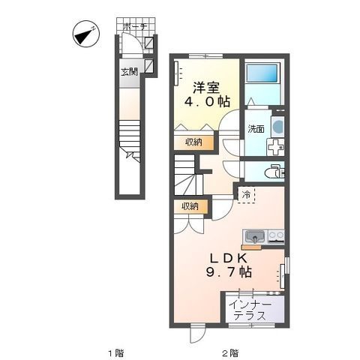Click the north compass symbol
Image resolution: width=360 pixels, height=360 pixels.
click(86, 34)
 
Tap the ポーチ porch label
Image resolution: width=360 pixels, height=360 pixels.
click(135, 26)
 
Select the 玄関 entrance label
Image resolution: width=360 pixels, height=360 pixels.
click(129, 72)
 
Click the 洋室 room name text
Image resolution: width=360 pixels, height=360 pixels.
click(206, 88)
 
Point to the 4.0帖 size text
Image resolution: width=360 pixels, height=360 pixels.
click(207, 101)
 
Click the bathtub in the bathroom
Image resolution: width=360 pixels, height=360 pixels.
click(262, 73)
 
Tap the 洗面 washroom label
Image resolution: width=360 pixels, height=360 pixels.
click(256, 129)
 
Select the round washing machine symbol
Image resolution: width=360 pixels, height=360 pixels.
click(278, 127)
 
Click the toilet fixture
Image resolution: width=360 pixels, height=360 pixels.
click(274, 172)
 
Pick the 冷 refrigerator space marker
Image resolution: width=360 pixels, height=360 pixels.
click(246, 194)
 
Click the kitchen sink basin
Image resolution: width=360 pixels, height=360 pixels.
click(255, 236)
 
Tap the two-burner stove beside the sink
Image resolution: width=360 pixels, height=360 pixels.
click(276, 236)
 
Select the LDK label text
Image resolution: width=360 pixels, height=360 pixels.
click(229, 258)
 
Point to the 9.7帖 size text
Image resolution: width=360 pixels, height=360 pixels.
click(229, 271)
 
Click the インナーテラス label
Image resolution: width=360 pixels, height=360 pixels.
click(250, 310)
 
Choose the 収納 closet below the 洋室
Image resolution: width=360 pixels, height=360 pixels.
click(193, 142)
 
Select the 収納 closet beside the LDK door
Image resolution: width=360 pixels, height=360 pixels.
click(190, 206)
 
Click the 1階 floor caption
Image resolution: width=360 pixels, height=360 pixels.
click(116, 353)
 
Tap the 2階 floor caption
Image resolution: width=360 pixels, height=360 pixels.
click(231, 353)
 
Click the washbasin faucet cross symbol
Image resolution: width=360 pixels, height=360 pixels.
click(276, 147)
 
